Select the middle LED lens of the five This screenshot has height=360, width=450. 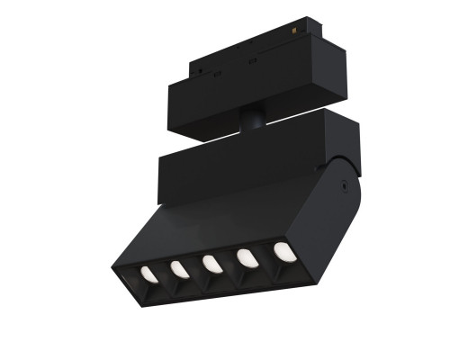click(211, 264)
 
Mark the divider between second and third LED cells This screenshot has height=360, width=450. click(195, 269)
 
